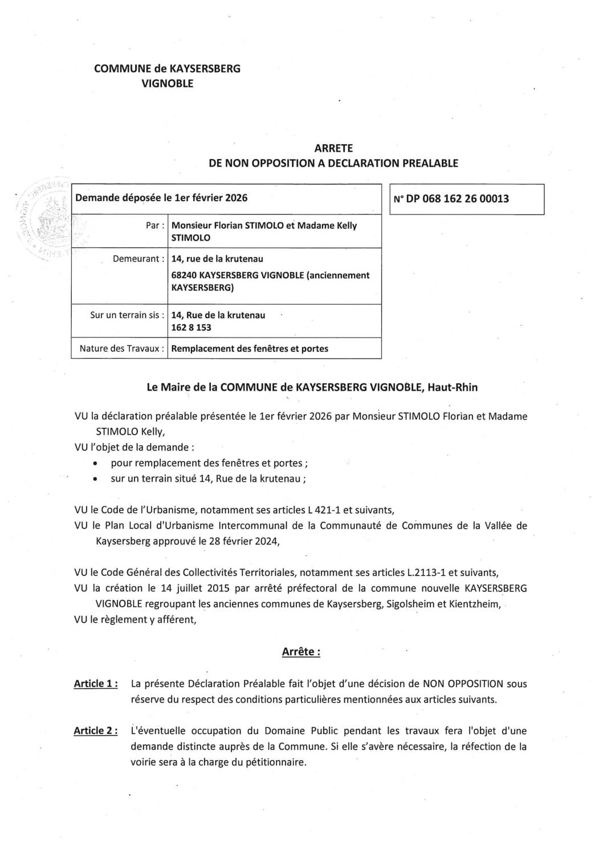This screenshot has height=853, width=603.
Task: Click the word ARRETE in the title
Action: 333,148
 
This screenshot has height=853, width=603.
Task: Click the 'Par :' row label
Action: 156,225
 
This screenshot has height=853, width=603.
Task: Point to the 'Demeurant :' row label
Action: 136,259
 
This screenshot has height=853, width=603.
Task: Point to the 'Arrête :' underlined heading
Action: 301,652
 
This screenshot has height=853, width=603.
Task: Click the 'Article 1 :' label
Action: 96,684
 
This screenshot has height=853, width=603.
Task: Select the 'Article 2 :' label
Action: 96,731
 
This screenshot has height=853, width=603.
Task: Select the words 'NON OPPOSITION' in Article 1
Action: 462,684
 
